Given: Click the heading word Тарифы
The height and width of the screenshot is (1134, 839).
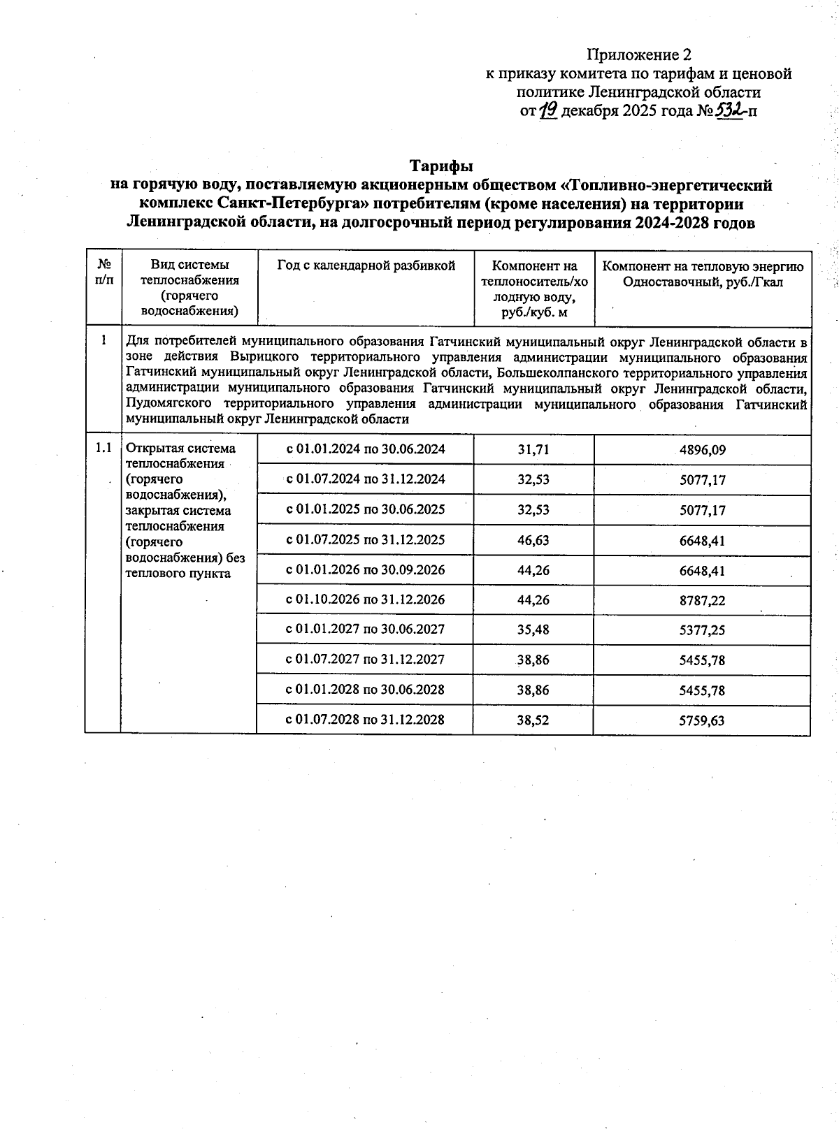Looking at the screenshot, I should click(441, 166).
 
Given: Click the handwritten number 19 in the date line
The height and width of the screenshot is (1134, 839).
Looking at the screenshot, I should click(548, 110).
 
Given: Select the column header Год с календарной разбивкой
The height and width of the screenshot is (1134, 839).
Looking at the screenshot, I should click(366, 266).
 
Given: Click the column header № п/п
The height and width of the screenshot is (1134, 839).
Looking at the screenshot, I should click(103, 272).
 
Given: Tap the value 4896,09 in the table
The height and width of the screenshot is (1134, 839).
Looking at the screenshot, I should click(702, 450).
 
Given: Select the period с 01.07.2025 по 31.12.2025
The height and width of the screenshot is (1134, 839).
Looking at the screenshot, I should click(365, 539).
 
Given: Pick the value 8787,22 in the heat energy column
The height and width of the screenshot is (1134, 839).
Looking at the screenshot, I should click(702, 600).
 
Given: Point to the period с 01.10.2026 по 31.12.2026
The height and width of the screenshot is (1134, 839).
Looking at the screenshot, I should click(365, 599).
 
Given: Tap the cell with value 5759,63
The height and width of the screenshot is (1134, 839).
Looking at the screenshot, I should click(702, 720).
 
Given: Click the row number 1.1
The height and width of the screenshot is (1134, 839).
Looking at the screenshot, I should click(103, 448).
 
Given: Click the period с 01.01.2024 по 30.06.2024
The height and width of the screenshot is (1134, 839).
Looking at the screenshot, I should click(365, 449).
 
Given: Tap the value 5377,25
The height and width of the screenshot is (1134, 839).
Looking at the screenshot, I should click(702, 630).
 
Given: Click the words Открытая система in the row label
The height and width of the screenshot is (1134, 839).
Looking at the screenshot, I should click(180, 449).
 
